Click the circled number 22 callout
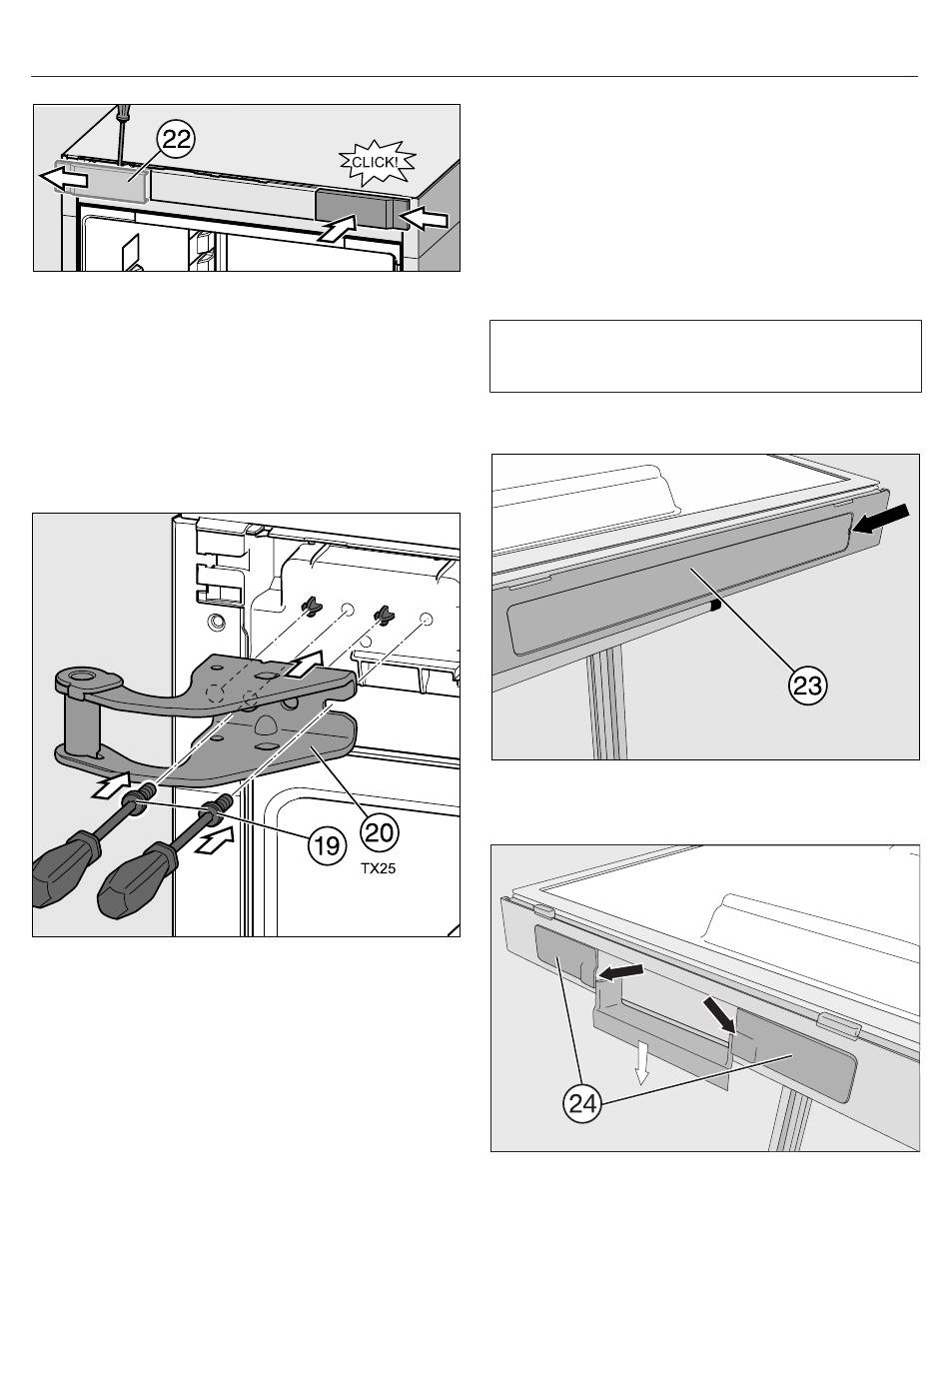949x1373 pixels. [x=177, y=140]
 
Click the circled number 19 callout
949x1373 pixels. [x=326, y=845]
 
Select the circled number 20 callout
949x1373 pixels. [x=380, y=833]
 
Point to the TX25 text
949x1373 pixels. [x=379, y=868]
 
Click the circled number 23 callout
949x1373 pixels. [x=807, y=686]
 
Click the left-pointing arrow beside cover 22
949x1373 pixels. [x=63, y=179]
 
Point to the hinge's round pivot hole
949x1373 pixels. [x=80, y=677]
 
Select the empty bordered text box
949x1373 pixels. [x=705, y=356]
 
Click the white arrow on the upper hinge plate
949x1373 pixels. [x=304, y=665]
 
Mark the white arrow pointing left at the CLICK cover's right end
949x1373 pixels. [x=424, y=219]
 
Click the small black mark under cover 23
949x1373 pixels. [x=713, y=607]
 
